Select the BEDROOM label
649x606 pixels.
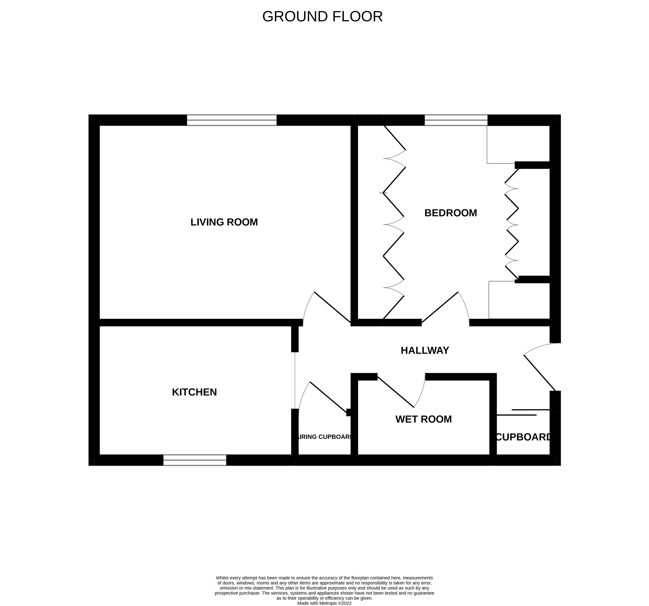450,213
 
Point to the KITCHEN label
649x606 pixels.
194,392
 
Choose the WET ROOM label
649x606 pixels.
423,419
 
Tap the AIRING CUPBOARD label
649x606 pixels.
325,437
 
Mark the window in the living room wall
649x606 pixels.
232,120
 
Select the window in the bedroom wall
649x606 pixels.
456,120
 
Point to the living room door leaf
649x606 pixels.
332,307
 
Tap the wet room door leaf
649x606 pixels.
396,392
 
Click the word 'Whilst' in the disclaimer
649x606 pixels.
222,578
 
